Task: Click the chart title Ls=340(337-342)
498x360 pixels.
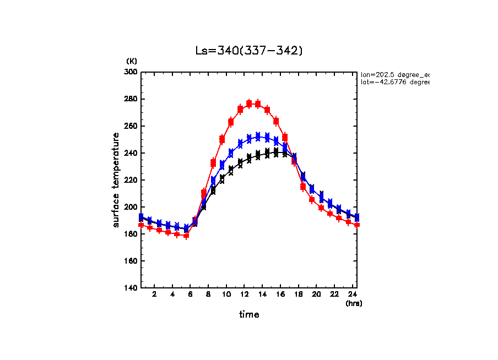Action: (x=249, y=51)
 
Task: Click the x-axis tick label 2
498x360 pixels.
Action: (x=154, y=295)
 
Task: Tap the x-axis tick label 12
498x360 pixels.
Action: (x=245, y=295)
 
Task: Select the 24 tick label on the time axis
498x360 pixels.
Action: (x=353, y=295)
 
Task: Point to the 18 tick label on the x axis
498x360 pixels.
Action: (x=299, y=295)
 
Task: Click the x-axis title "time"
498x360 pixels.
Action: (x=249, y=314)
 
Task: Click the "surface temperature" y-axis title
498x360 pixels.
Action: (x=116, y=180)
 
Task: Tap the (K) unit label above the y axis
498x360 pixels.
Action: (x=132, y=61)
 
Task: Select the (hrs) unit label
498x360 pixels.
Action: (x=354, y=303)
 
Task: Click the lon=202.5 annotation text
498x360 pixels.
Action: (x=394, y=74)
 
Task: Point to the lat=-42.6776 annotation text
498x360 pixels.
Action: (x=394, y=82)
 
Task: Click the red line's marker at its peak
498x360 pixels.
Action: (x=250, y=103)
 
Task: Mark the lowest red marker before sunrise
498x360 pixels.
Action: (x=186, y=236)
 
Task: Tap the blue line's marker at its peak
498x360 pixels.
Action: (x=258, y=136)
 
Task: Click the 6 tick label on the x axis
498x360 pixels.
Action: (x=191, y=295)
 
